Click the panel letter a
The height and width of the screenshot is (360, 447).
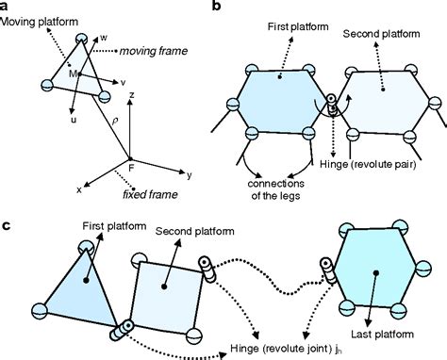point(6,7)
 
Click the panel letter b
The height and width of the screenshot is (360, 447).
point(219,7)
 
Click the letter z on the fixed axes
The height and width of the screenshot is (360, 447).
point(138,95)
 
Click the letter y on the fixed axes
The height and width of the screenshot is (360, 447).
point(189,175)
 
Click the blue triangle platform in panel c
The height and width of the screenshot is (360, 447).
point(76,284)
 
